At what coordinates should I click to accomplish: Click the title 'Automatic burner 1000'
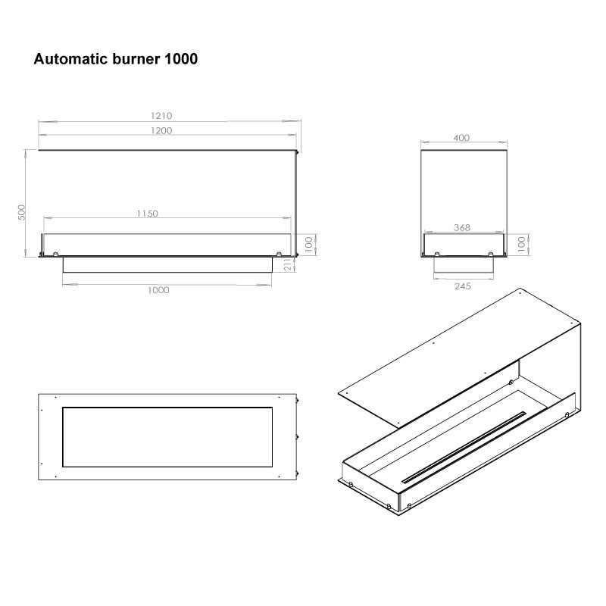(x=116, y=59)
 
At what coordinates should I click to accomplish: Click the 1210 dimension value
(x=161, y=116)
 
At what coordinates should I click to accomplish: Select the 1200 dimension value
(x=161, y=130)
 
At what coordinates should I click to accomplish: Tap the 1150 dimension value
(x=147, y=214)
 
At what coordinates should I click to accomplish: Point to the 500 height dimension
(x=22, y=213)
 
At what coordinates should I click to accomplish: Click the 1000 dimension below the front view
(x=158, y=290)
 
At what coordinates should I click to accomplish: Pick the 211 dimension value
(x=288, y=264)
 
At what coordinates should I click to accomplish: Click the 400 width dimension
(x=461, y=138)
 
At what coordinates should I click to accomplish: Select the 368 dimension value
(x=462, y=228)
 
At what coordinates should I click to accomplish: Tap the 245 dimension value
(x=463, y=286)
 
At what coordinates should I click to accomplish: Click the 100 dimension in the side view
(x=521, y=244)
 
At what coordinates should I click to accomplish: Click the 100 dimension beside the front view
(x=308, y=244)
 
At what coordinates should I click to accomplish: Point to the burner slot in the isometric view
(x=464, y=447)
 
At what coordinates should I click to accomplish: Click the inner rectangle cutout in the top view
(x=167, y=437)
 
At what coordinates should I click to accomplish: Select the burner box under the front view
(x=167, y=264)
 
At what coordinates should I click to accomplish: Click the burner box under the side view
(x=464, y=264)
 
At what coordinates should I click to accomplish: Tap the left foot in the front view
(x=55, y=254)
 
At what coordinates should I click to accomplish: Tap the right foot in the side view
(x=491, y=254)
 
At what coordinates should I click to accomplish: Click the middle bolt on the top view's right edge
(x=298, y=437)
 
